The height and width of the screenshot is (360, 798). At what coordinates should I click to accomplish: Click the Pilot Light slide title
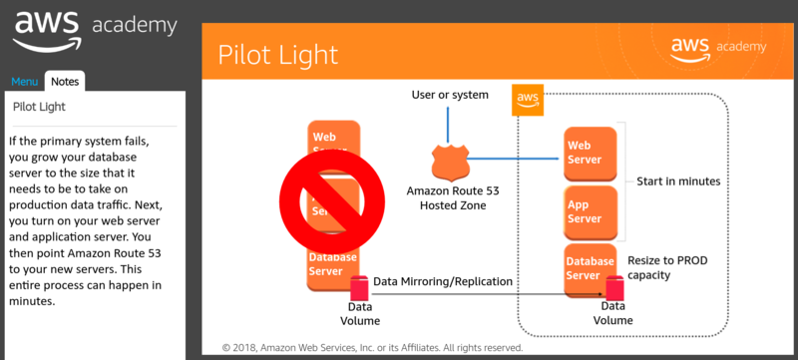pyautogui.click(x=277, y=54)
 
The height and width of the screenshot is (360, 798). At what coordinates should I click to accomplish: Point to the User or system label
pyautogui.click(x=450, y=95)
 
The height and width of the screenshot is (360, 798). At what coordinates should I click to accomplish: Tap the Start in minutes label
pyautogui.click(x=678, y=181)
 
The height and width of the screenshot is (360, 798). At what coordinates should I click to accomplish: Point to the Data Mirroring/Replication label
pyautogui.click(x=443, y=282)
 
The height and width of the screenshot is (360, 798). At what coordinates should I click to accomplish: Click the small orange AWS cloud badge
pyautogui.click(x=527, y=100)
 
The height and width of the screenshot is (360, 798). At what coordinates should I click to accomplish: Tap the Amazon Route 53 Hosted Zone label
pyautogui.click(x=446, y=197)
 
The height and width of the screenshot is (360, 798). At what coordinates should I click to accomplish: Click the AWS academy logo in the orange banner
pyautogui.click(x=717, y=47)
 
